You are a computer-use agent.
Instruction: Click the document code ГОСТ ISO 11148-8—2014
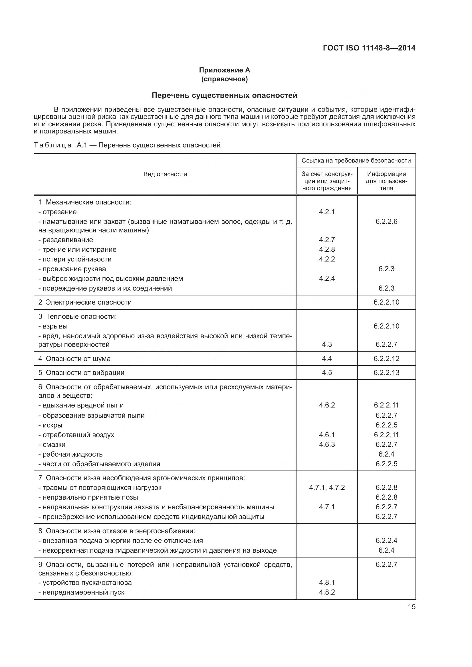[x=369, y=48]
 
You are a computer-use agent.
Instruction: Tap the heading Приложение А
[x=224, y=70]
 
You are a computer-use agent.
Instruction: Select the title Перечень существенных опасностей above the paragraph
[x=224, y=95]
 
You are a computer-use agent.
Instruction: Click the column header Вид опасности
[x=165, y=174]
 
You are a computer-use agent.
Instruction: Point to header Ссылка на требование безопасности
[x=356, y=161]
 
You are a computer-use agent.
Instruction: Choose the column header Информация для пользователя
[x=386, y=181]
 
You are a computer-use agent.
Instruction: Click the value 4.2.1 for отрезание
[x=327, y=212]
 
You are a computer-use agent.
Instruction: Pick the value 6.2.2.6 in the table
[x=386, y=221]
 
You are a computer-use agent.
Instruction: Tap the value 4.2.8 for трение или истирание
[x=327, y=249]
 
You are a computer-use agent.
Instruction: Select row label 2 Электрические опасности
[x=85, y=302]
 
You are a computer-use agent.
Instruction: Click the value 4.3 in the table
[x=327, y=344]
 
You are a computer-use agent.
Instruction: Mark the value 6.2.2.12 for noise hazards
[x=386, y=358]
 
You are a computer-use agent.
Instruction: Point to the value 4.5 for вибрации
[x=327, y=372]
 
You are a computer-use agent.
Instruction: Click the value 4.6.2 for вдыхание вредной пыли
[x=327, y=405]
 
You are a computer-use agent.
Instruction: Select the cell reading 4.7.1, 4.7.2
[x=327, y=487]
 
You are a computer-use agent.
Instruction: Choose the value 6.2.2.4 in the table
[x=386, y=540]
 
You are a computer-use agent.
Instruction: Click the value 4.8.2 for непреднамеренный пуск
[x=327, y=592]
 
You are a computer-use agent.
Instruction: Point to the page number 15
[x=412, y=607]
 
